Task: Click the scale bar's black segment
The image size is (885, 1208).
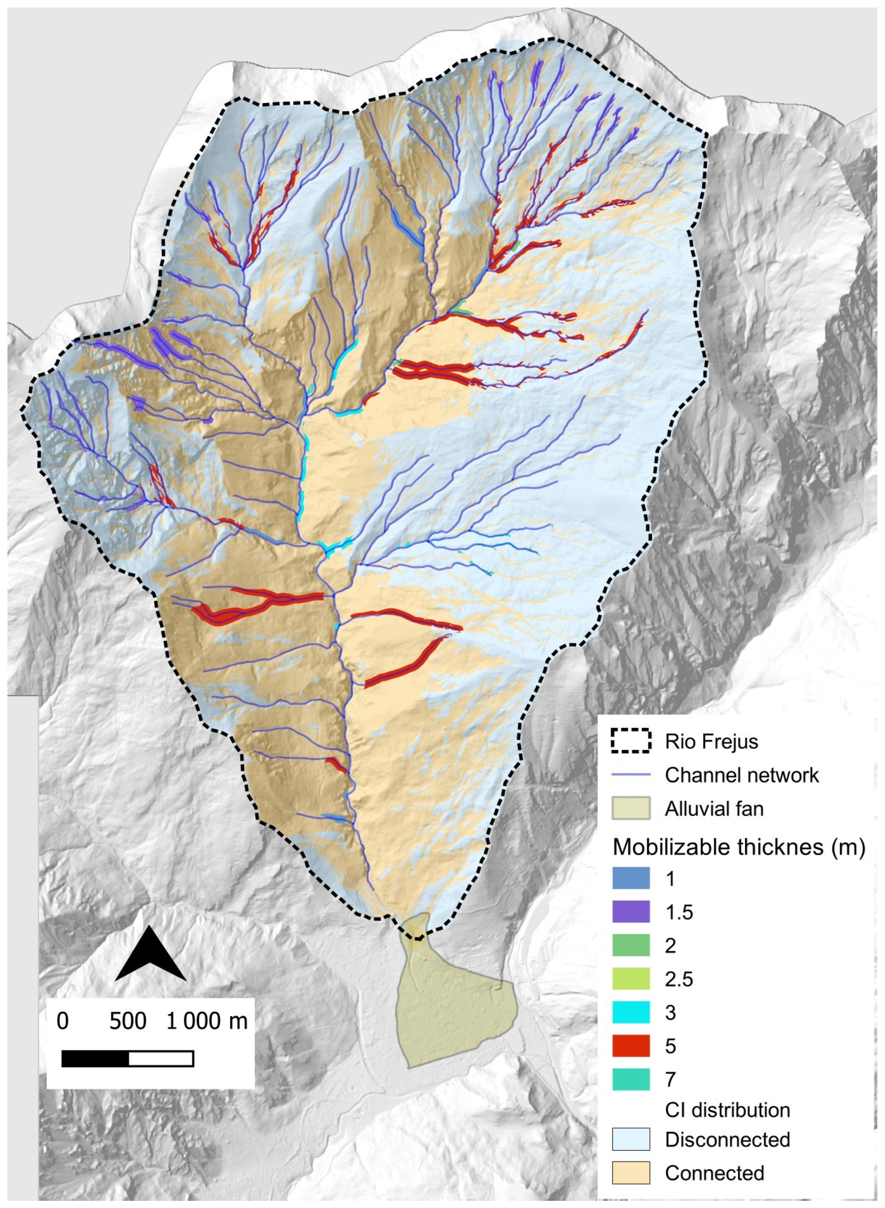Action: click(x=95, y=1059)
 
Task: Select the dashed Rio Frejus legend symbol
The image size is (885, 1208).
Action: click(x=631, y=741)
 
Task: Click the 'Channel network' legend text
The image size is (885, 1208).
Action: click(x=741, y=775)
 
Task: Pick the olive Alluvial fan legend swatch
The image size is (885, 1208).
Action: click(x=631, y=808)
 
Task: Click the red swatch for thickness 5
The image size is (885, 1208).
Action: click(x=631, y=1046)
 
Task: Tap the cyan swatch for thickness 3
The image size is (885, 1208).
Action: click(x=631, y=1012)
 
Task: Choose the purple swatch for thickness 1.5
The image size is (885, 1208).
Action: click(x=631, y=912)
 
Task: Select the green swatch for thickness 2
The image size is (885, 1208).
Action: click(x=631, y=946)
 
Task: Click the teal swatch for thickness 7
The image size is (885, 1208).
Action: click(x=631, y=1079)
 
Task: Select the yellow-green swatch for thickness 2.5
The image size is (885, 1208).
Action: click(x=631, y=979)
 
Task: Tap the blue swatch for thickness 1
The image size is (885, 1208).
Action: click(x=631, y=878)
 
